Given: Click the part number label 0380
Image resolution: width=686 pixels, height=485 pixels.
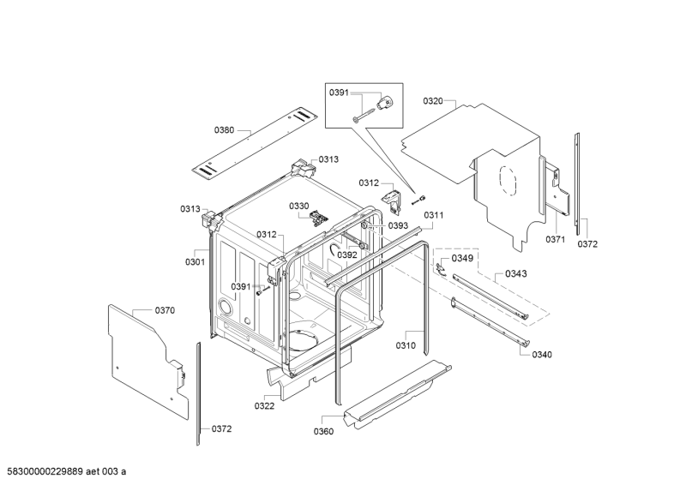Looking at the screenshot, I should coord(224,129).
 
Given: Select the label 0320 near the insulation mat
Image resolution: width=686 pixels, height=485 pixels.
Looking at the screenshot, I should coord(433,101).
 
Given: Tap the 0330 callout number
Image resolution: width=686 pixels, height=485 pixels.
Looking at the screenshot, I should coord(298,206).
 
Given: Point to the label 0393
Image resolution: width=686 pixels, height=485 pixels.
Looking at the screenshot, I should coord(398,225).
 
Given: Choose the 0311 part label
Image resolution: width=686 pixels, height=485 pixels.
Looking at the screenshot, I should coord(433,215).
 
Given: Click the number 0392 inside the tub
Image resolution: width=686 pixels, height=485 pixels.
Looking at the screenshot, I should coord(346,254).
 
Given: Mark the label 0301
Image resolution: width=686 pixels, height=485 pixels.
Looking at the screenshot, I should coord(195,261).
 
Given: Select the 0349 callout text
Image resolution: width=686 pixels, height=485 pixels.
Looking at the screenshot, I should coord(462,258).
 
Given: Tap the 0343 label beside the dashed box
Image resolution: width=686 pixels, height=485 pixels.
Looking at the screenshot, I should coord(516,274).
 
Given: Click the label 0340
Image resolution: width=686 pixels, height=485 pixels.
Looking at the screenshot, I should coord(542,354).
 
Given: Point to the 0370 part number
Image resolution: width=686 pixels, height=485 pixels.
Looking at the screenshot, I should coord(165,310).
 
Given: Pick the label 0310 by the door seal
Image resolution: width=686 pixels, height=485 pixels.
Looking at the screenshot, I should coord(405,345).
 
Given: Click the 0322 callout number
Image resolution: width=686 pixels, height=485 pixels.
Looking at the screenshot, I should coord(264,405).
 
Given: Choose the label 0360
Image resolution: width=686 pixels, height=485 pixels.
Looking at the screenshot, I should coord(324,431).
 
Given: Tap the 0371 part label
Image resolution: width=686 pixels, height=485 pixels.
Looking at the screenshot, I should coord(556,240).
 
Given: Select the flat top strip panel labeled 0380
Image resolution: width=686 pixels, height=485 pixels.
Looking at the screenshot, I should coord(252,141).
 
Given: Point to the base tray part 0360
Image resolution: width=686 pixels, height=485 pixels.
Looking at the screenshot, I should coord(394,394).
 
